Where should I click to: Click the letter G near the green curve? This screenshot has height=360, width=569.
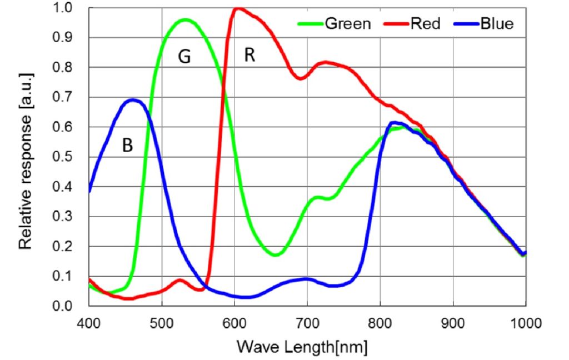click(184, 58)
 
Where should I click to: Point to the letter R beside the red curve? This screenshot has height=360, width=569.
click(249, 56)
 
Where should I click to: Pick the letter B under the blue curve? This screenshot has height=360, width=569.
click(127, 146)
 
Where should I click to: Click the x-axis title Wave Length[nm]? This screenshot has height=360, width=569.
click(302, 347)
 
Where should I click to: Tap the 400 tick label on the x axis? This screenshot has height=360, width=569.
click(89, 322)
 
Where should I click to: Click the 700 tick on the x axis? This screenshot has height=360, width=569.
click(307, 322)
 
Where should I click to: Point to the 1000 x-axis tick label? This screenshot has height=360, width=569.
click(525, 322)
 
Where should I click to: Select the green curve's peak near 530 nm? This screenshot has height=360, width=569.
click(185, 19)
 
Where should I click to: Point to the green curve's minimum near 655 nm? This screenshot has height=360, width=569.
click(276, 254)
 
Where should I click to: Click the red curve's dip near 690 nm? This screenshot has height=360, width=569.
click(300, 78)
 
